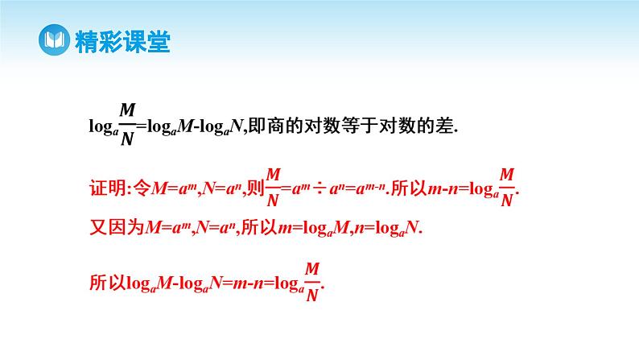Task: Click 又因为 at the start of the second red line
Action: [115, 228]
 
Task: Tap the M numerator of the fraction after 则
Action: [273, 174]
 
